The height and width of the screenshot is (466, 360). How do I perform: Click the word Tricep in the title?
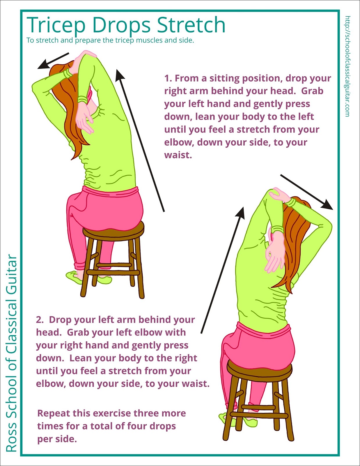(x=56, y=25)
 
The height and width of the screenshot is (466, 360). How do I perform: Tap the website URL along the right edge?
(x=347, y=66)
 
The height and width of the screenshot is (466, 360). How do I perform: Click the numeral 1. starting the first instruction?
(x=169, y=78)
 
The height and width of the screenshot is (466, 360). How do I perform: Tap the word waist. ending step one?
(x=178, y=155)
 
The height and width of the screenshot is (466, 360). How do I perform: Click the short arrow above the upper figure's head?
(x=53, y=61)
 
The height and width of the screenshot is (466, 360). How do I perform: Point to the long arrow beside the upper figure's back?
(x=140, y=140)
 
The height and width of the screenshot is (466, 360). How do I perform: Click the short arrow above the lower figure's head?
(x=307, y=192)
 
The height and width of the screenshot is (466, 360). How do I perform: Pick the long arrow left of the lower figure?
(x=223, y=270)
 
